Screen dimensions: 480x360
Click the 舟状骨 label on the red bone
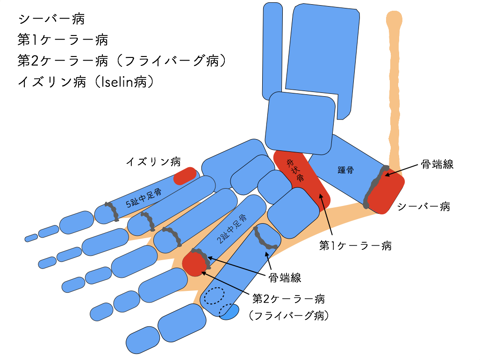tap(295, 170)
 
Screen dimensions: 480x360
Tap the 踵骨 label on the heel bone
tap(345, 170)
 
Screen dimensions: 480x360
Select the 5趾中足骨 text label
tap(144, 198)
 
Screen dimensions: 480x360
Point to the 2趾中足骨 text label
tap(232, 229)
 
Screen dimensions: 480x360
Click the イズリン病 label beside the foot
tap(153, 162)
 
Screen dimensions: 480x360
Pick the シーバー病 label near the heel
tap(423, 207)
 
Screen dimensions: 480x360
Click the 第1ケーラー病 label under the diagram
tap(355, 245)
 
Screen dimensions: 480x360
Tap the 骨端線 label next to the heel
tap(437, 164)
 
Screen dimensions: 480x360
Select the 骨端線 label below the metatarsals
tap(285, 278)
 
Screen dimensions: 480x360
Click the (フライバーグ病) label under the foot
tap(289, 315)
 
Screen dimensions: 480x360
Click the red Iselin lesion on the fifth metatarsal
tap(185, 176)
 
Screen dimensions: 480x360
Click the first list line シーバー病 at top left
tap(51, 19)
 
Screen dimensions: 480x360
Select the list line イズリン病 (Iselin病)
tap(86, 82)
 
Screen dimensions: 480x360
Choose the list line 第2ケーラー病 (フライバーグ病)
tap(122, 61)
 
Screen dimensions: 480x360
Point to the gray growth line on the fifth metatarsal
tap(112, 211)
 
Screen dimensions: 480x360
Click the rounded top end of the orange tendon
tap(394, 19)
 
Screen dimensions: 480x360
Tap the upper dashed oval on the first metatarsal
tap(214, 296)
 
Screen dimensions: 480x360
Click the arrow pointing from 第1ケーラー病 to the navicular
tap(326, 216)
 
